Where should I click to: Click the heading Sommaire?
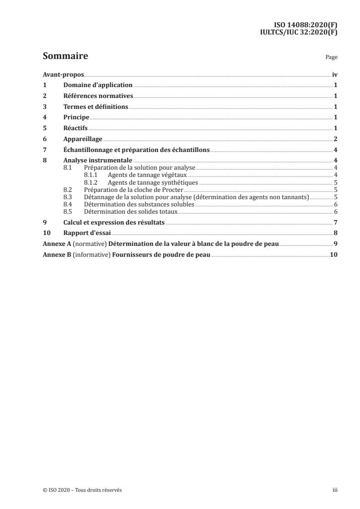click(x=65, y=57)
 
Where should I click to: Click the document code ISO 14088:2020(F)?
click(x=306, y=25)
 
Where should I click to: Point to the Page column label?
click(x=331, y=58)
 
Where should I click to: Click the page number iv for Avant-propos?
click(x=335, y=74)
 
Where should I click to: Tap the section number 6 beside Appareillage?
click(x=44, y=139)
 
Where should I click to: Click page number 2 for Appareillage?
click(x=335, y=139)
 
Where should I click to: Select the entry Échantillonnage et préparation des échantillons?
click(x=136, y=150)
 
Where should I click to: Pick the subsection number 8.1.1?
click(x=91, y=175)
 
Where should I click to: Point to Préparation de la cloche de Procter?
click(x=133, y=190)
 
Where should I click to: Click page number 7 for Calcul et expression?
click(x=335, y=222)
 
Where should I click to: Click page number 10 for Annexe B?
click(x=333, y=254)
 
